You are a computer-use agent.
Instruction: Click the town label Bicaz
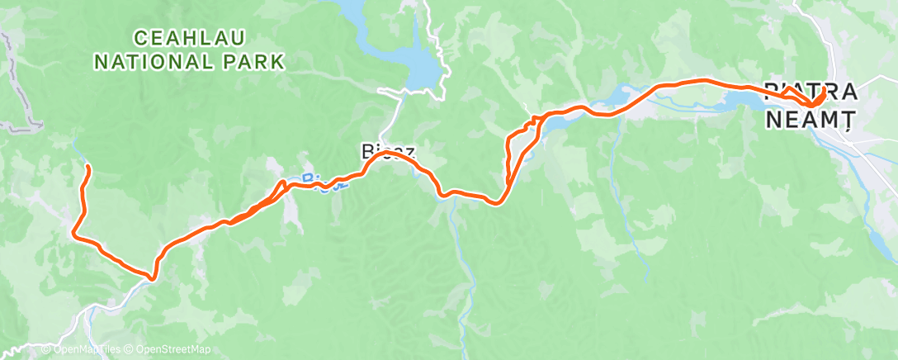coord(385,152)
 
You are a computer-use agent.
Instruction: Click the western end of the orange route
coord(87,168)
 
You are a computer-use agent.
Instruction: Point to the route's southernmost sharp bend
coord(153,277)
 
